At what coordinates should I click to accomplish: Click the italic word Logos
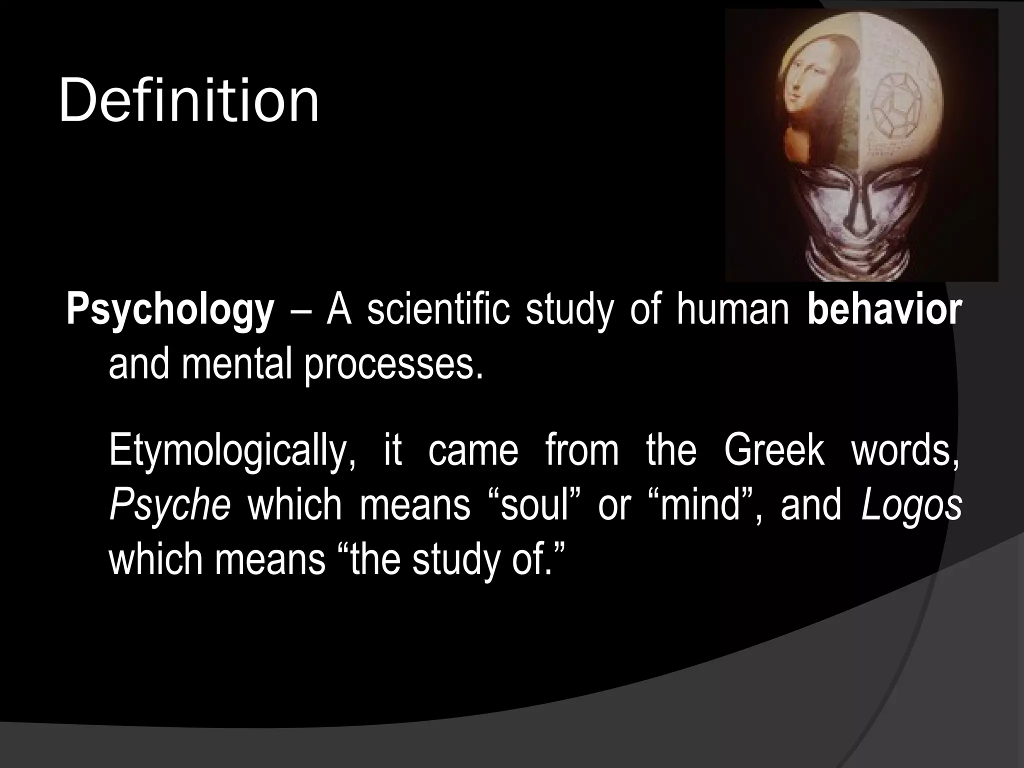click(911, 505)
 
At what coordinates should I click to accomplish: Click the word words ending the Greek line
click(905, 450)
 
